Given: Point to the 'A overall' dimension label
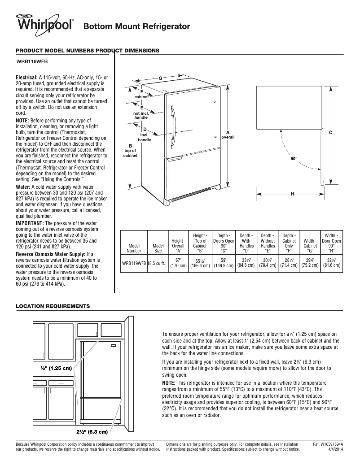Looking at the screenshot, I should [x=228, y=135].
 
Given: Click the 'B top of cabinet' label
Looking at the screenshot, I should [x=130, y=150].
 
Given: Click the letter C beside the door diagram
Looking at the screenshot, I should [x=330, y=133].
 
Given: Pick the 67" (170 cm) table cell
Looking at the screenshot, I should [x=178, y=263].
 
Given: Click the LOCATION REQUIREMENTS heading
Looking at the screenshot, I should [x=53, y=306].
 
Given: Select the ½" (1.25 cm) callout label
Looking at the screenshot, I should [x=56, y=368].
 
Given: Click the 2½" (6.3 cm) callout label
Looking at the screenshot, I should [x=92, y=432].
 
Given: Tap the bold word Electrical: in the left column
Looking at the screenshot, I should [x=27, y=78].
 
